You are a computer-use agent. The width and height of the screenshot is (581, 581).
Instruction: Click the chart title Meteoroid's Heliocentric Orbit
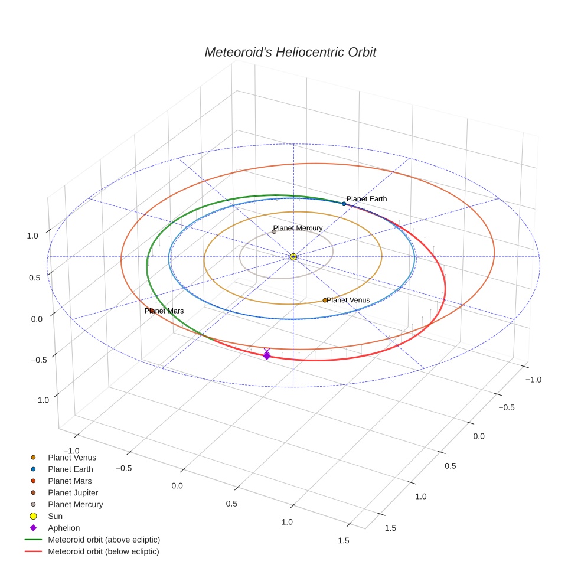point(290,52)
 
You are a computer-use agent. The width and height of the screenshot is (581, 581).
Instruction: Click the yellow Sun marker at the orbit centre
point(293,257)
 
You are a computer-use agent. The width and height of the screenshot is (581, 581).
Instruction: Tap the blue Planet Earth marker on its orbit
point(344,204)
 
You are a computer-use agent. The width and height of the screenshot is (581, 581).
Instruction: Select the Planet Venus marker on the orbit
point(325,301)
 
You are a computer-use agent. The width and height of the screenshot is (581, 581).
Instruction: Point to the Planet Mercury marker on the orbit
point(274,232)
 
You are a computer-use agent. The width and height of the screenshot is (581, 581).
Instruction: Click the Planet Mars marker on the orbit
point(152,311)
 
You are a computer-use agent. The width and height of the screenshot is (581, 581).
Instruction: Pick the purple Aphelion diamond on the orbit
point(267,355)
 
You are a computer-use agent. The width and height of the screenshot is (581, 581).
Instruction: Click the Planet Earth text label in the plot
point(367,199)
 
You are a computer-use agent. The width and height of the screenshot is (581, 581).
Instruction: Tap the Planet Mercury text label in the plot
point(298,228)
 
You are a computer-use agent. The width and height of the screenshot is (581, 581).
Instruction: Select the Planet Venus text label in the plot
point(348,300)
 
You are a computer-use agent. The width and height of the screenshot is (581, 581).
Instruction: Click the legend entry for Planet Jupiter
point(73,492)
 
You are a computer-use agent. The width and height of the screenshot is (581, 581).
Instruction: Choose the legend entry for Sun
point(55,516)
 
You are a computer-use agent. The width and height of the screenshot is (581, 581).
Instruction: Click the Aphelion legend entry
point(64,528)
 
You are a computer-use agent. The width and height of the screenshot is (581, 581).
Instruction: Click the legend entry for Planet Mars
point(70,481)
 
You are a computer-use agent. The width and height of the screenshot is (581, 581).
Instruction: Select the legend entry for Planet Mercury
point(75,504)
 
